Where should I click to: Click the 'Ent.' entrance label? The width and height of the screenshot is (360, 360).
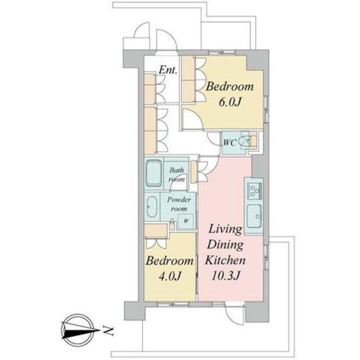click(x=168, y=70)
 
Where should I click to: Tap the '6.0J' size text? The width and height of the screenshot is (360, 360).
click(x=229, y=102)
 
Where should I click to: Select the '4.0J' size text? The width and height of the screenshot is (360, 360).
click(x=170, y=276)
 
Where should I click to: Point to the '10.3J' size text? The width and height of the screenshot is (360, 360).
click(x=226, y=276)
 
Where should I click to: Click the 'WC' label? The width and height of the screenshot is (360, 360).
click(x=229, y=143)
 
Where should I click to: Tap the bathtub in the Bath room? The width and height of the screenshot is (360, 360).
click(x=154, y=173)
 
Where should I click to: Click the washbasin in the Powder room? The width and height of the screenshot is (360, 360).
click(x=152, y=207)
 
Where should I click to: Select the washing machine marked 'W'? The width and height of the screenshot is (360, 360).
click(x=186, y=221)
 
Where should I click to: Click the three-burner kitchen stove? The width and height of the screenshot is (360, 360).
click(x=254, y=190)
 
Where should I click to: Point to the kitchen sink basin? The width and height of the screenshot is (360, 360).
click(x=254, y=215)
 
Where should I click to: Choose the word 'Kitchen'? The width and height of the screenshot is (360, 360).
click(x=225, y=260)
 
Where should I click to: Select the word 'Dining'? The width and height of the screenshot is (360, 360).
click(x=225, y=245)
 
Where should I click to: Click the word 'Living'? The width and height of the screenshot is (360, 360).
click(x=225, y=230)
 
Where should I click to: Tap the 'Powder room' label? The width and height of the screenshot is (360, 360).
click(x=179, y=204)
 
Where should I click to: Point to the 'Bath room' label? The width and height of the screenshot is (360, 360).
click(x=177, y=174)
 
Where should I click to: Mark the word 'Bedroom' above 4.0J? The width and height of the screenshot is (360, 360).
click(x=170, y=261)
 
